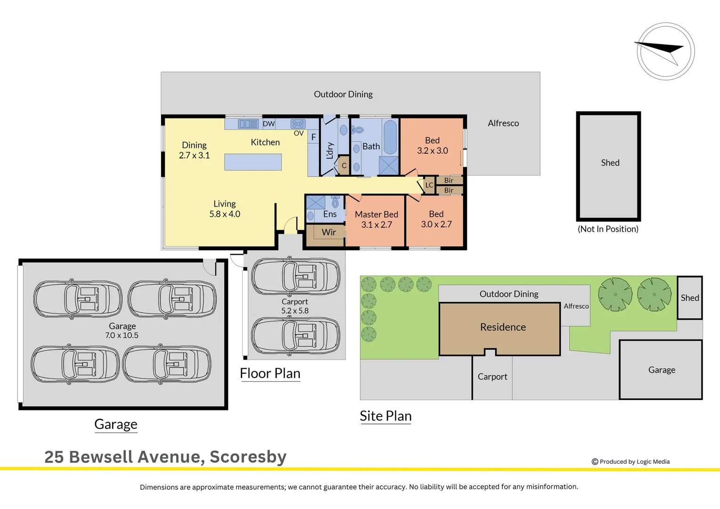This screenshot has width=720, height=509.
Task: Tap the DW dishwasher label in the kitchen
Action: click(x=269, y=124)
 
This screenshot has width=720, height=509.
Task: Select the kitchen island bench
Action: click(x=253, y=162)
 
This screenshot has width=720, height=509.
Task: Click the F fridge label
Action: click(x=313, y=137)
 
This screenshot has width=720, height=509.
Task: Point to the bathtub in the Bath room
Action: click(x=390, y=137)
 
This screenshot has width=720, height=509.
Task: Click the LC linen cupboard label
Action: click(x=429, y=185)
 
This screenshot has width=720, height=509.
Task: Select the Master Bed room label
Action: click(x=376, y=215)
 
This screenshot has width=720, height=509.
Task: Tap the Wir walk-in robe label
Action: click(x=328, y=232)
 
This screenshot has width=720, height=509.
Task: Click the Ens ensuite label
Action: click(x=330, y=214)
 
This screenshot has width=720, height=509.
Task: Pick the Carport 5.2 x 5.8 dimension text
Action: click(x=295, y=311)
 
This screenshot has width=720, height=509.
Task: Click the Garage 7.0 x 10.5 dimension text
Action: click(x=122, y=336)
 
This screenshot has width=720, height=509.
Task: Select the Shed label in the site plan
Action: click(x=689, y=298)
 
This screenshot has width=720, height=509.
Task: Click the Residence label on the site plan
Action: click(x=503, y=327)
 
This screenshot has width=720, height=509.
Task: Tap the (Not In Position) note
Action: click(x=608, y=229)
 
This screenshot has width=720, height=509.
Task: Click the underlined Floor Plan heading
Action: click(x=270, y=373)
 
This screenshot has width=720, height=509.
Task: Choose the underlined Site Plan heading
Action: click(x=385, y=416)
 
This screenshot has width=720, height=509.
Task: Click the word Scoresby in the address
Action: click(x=248, y=457)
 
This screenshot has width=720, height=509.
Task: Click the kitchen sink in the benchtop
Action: click(x=248, y=124)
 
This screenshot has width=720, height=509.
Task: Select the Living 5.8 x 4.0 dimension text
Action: click(x=225, y=214)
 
